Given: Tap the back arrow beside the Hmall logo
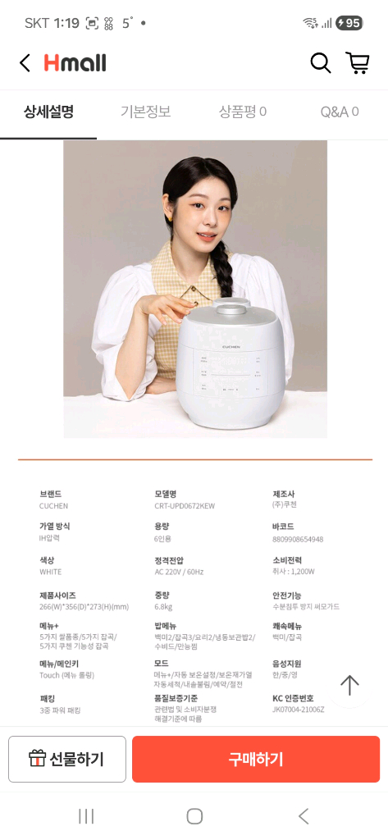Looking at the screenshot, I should pos(25,63).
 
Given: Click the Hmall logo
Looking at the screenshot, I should pos(75,63).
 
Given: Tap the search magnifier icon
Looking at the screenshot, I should pos(320,63).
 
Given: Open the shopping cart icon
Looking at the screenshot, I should pos(357,63).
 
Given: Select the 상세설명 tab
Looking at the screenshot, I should pos(48,112).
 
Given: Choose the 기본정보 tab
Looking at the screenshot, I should pos(145,112).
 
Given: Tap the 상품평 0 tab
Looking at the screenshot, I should pos(242,112).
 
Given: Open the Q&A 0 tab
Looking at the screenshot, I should pos(339,112).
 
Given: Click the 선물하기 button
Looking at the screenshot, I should pos(67,759).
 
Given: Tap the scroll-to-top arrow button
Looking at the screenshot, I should pos(350,685).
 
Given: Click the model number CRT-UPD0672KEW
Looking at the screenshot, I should pos(185,506).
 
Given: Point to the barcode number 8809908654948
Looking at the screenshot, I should pos(298,539).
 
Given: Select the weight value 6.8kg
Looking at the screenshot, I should pos(163,607).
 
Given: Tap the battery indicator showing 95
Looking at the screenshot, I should pos(349,23).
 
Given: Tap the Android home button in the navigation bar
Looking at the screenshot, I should pos(194,815).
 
